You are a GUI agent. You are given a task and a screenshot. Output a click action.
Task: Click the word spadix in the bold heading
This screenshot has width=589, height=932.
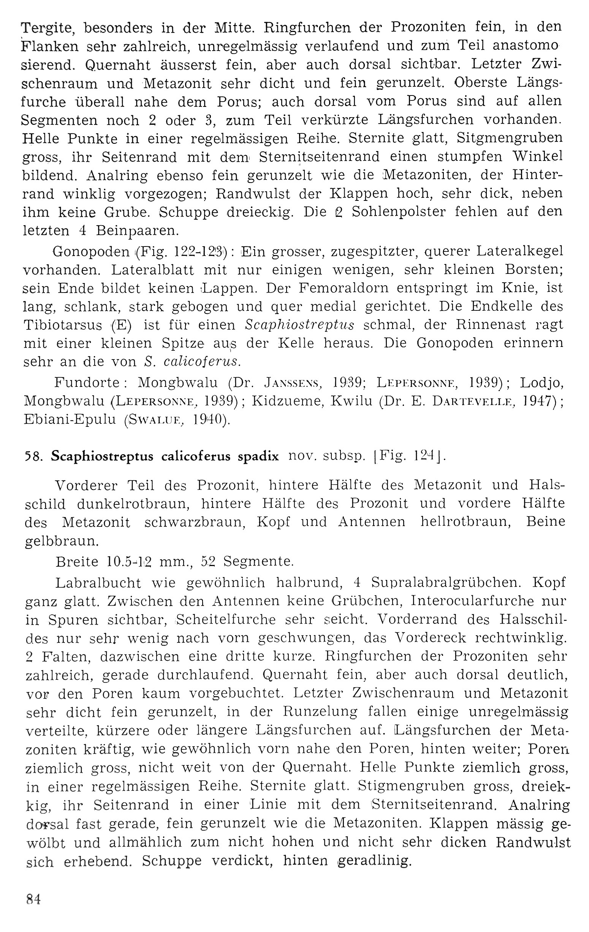coord(258,457)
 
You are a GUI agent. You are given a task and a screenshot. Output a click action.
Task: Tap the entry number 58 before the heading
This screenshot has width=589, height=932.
coord(33,457)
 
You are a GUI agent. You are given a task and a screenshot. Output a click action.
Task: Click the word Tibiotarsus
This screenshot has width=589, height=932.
coord(63,325)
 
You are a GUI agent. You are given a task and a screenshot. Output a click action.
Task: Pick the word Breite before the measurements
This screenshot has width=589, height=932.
coord(77,561)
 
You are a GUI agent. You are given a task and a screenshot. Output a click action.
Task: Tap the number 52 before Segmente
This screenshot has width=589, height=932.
coord(208,561)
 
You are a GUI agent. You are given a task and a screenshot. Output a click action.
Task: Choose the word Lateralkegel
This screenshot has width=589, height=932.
coord(519,251)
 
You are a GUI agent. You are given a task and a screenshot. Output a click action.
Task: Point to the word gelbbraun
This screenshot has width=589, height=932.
coord(62,541)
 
